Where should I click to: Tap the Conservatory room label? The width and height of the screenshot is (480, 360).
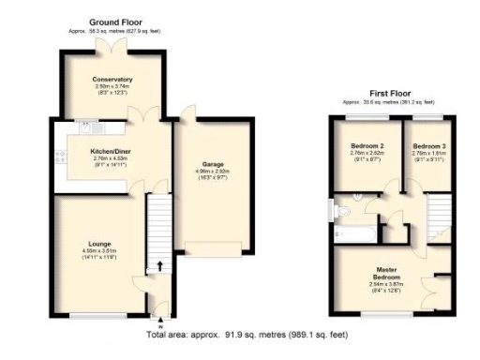click(x=112, y=80)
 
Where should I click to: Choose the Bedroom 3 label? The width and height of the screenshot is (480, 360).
click(x=429, y=147)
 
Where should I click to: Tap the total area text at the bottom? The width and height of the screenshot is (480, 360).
click(x=248, y=334)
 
